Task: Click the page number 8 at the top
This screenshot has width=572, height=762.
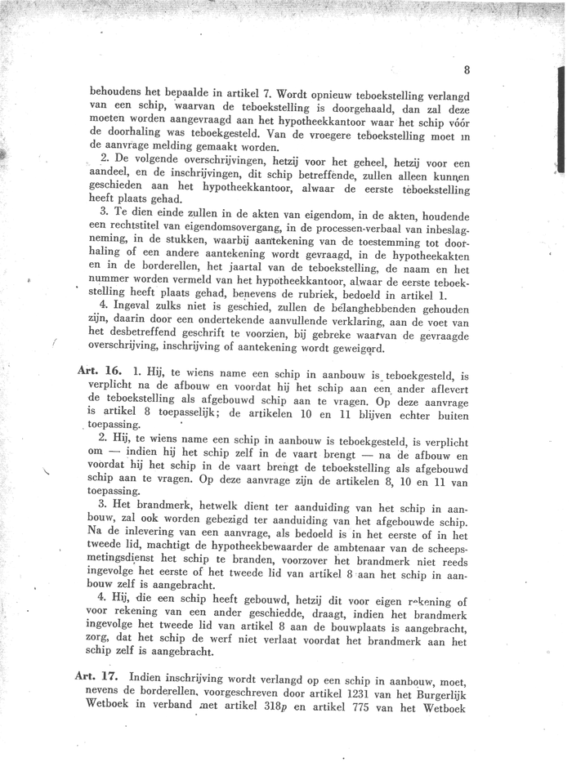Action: pos(465,70)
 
